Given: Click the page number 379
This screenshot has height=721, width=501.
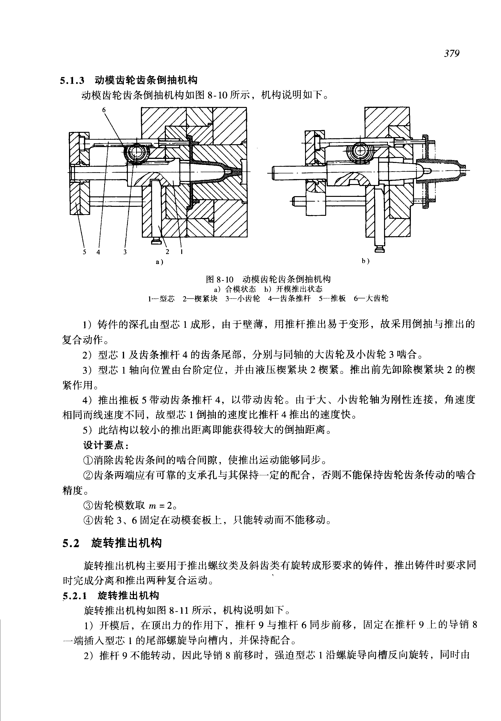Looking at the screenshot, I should tap(451, 54).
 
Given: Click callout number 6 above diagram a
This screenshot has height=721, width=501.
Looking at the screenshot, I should tap(104, 110).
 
